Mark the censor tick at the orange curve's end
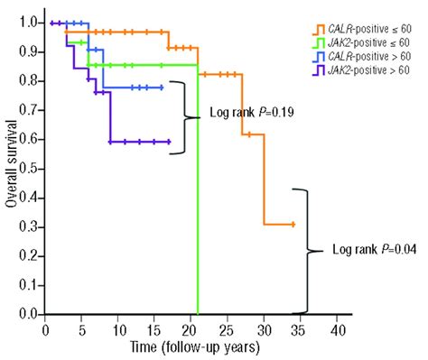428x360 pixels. click(x=293, y=224)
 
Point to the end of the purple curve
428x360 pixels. click(x=169, y=142)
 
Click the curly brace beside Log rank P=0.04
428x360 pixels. click(x=312, y=250)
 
